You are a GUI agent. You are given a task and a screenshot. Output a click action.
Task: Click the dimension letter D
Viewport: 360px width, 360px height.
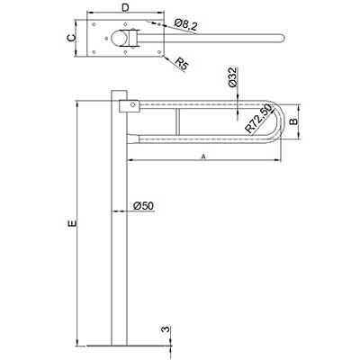pos(125,8)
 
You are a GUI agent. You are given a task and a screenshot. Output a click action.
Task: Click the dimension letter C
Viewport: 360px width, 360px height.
pos(70,38)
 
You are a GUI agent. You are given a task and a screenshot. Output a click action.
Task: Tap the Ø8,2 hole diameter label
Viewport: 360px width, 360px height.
pos(185,24)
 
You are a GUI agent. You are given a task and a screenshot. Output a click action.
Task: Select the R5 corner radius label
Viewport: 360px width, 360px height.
pos(182,64)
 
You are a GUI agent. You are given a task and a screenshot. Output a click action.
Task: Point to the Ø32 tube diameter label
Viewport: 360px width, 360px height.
pos(233,77)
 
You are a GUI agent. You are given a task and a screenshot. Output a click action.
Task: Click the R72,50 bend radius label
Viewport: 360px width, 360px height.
pos(257,119)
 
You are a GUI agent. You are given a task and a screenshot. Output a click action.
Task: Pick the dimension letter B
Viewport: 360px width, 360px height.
pos(294,121)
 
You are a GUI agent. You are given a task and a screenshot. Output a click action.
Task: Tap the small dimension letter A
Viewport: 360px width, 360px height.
pos(203,157)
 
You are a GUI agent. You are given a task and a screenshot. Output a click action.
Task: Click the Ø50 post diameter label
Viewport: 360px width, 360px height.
pos(143,206)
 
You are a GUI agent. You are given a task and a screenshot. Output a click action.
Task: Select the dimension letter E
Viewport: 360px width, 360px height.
pos(73,223)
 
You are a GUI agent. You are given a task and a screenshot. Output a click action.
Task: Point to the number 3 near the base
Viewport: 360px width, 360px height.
pos(165,329)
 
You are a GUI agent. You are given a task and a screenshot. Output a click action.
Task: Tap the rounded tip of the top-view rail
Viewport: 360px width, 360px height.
pos(282,39)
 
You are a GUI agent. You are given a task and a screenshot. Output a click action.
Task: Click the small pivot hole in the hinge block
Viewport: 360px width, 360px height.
pos(132,104)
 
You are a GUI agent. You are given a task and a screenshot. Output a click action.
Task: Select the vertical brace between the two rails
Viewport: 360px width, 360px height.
pos(177,121)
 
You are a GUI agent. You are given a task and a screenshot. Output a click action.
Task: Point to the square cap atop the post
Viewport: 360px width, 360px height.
pos(119,95)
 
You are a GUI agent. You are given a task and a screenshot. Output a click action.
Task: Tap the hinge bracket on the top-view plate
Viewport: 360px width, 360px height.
pos(134,38)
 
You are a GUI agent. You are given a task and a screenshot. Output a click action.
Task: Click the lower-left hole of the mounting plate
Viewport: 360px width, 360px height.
pos(94,52)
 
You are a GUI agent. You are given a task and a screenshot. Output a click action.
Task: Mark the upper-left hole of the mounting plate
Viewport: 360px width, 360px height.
pos(94,24)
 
